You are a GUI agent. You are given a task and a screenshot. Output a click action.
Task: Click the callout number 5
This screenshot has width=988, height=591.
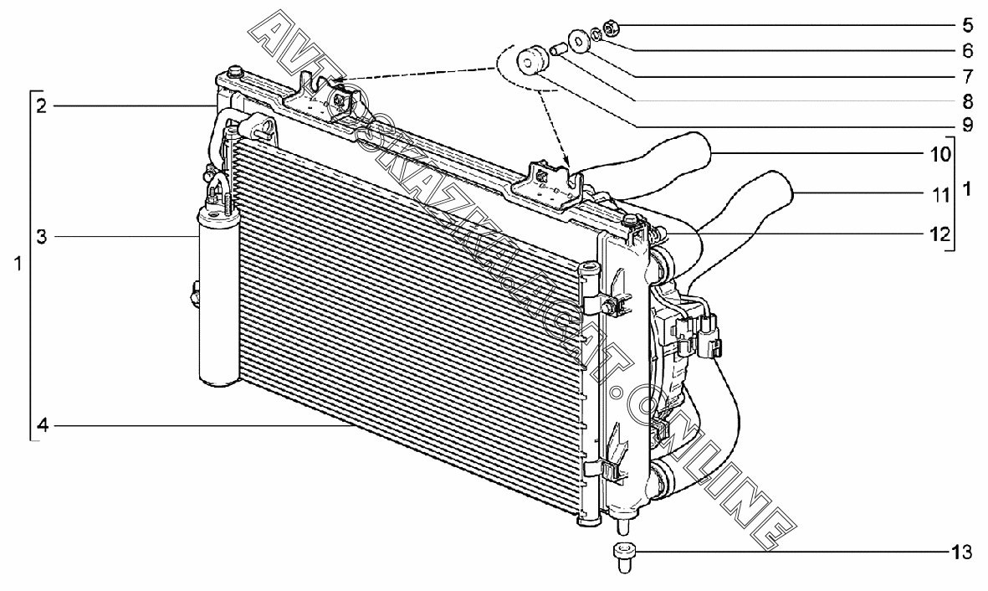(x=966, y=25)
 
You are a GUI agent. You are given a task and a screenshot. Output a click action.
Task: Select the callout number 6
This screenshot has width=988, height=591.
(x=966, y=50)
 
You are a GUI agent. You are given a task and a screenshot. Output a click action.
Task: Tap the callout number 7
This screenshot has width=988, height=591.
(x=966, y=76)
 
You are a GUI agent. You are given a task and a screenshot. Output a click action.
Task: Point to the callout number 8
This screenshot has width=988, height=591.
(x=966, y=102)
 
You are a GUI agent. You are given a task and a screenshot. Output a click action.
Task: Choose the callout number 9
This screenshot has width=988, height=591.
(x=966, y=126)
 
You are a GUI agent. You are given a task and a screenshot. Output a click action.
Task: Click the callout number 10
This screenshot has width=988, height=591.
(x=940, y=154)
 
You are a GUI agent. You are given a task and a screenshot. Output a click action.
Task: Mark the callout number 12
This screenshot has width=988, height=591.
(x=940, y=235)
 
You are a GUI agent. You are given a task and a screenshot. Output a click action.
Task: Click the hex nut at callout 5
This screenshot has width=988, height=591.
(x=611, y=26)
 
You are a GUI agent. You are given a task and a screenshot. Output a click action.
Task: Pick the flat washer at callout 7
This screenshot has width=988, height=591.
(x=578, y=39)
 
